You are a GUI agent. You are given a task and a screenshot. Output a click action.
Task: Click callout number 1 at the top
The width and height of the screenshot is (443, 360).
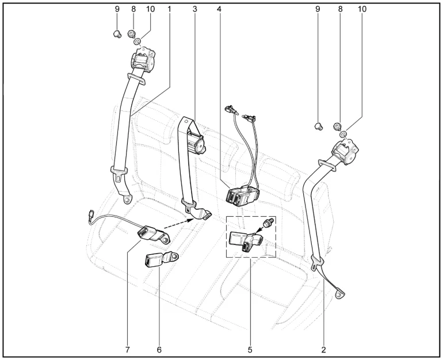pos(169,9)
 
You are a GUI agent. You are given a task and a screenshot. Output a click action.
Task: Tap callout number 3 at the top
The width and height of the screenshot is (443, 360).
pos(194,9)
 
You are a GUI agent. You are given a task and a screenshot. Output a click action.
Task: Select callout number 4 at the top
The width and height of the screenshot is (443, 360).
pos(219,9)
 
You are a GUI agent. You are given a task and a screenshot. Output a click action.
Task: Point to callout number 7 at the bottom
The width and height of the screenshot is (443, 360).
pos(127,350)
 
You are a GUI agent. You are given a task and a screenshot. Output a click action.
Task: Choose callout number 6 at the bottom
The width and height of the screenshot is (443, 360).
pos(159,350)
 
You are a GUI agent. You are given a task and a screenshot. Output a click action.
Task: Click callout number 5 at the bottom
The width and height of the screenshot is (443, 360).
pos(250,350)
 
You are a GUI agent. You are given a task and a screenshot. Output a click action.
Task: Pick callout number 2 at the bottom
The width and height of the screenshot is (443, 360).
pos(323,350)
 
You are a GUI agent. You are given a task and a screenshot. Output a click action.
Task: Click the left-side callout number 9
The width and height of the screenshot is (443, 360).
pos(117,9)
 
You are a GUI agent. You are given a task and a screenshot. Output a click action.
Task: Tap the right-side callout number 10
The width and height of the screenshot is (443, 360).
pos(362,9)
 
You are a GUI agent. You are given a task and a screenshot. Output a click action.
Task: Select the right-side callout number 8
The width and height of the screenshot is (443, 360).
pos(340,9)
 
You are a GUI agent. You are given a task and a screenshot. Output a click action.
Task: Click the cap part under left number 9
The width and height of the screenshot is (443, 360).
pos(117,35)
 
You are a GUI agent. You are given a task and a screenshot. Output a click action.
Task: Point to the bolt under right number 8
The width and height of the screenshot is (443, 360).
pos(337,126)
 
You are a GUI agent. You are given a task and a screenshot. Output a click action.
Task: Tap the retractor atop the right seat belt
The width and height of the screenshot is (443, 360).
pos(346,152)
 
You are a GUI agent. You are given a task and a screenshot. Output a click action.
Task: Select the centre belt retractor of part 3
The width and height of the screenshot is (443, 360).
pos(196,144)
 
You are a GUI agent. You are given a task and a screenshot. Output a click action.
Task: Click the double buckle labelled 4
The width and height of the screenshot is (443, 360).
pos(242,196)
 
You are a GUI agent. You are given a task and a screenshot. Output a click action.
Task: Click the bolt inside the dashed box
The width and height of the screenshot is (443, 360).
pos(267,223)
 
